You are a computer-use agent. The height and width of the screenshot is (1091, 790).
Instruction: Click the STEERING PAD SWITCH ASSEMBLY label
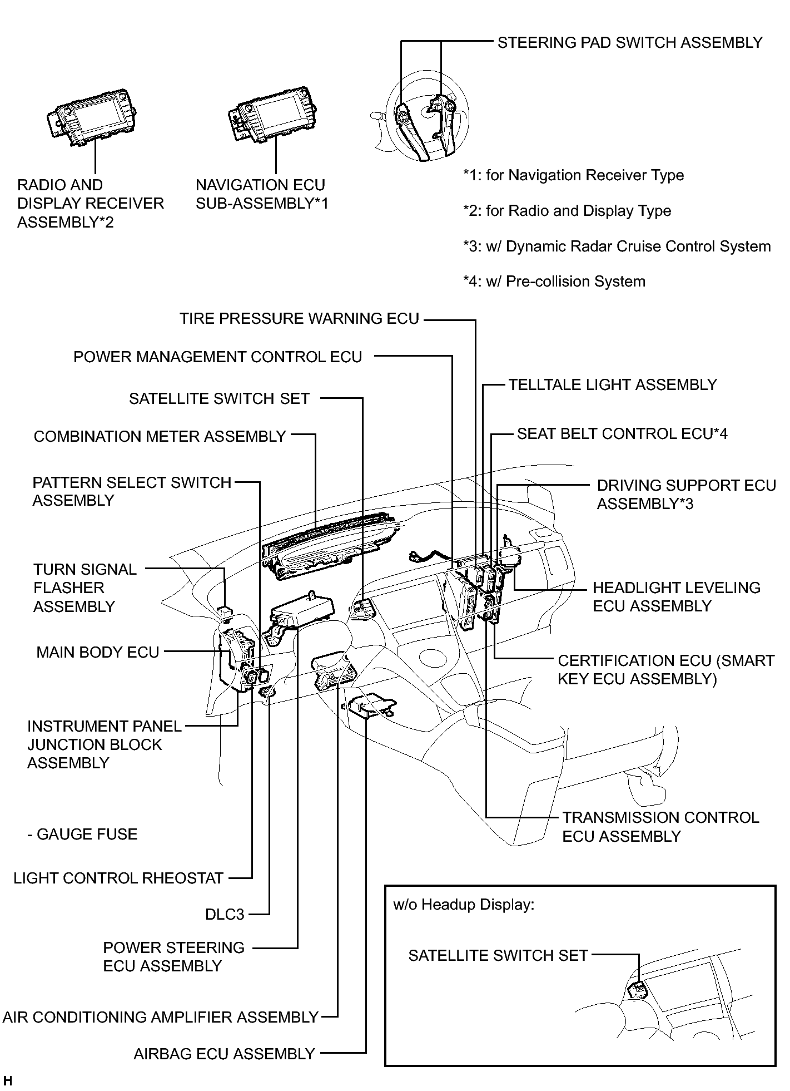click(630, 43)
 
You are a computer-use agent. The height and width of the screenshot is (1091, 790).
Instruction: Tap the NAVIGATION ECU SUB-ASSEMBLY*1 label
click(262, 194)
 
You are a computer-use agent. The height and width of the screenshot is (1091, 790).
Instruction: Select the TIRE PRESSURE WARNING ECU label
click(299, 319)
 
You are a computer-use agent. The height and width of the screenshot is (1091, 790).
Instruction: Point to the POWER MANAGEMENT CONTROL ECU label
click(218, 357)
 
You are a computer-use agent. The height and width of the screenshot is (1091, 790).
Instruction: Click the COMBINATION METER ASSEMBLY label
click(160, 437)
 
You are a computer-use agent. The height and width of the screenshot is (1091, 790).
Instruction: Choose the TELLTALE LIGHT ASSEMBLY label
click(613, 385)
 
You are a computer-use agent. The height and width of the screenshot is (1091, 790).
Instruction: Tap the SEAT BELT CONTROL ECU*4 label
click(622, 434)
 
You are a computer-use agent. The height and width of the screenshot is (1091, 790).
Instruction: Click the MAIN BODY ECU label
click(98, 652)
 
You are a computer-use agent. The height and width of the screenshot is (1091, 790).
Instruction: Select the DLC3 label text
click(225, 915)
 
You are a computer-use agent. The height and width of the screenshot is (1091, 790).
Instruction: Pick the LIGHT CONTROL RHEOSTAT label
click(118, 878)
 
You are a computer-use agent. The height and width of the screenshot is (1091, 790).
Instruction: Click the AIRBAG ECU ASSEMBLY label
click(225, 1054)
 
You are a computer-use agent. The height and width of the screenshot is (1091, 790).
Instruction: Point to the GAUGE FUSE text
click(82, 835)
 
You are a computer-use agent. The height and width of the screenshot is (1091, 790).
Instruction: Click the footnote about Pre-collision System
click(554, 282)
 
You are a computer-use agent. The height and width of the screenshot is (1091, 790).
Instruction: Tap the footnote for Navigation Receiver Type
click(573, 175)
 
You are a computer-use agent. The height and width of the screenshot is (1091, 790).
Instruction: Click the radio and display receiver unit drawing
click(92, 118)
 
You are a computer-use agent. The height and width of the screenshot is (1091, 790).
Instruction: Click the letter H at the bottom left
click(8, 1081)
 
